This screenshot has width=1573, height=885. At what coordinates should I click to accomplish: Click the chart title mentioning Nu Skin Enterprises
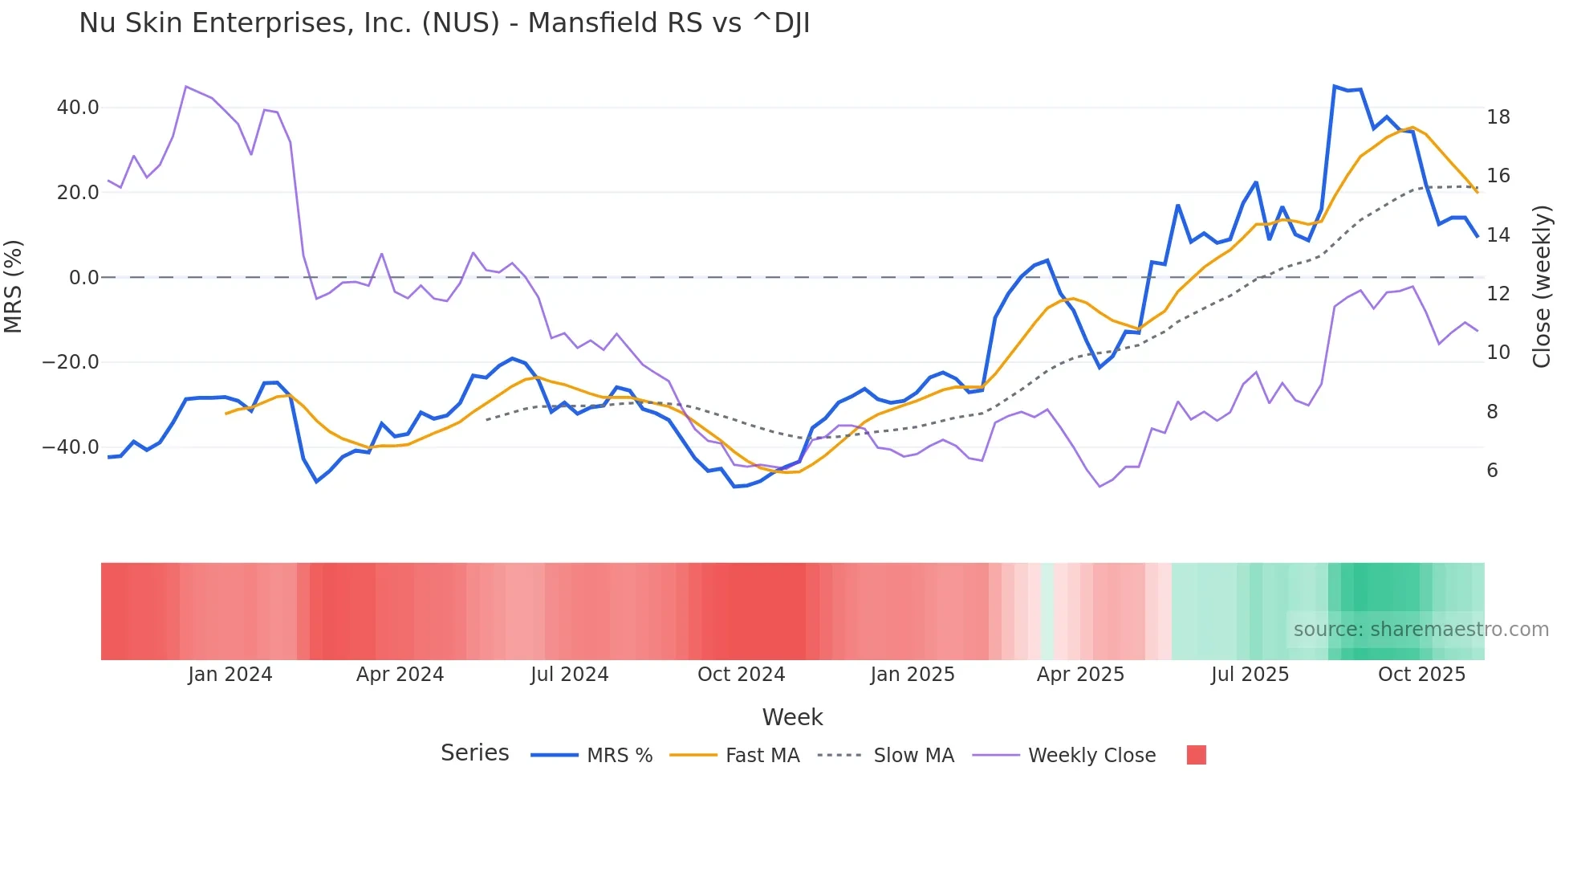coord(444,23)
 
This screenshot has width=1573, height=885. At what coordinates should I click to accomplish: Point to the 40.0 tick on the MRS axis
coord(78,108)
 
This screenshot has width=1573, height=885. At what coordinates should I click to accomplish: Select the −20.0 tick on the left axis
coord(71,362)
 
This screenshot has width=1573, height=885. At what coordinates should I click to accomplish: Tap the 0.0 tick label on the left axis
coord(83,278)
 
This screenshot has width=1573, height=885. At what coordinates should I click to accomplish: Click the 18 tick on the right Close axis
coord(1498,117)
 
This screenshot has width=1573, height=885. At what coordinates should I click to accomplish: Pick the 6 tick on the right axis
coord(1492,471)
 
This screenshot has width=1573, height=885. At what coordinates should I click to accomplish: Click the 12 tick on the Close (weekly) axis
coord(1498,294)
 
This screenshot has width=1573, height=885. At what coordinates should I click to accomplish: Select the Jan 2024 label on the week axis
coord(230,675)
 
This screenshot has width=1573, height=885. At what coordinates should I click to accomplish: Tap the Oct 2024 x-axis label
coord(741,675)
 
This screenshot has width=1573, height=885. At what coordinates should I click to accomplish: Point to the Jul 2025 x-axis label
coord(1250,675)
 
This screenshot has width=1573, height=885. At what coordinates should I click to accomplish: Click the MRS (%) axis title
coord(14,286)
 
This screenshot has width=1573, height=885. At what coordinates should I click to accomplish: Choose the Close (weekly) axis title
coord(1541,286)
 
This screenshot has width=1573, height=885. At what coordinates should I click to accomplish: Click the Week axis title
coord(792,717)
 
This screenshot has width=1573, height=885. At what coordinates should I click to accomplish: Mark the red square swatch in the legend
coord(1196,755)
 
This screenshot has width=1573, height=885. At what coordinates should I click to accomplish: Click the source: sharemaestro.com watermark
coord(1421,630)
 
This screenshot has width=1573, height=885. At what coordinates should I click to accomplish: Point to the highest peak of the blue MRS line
coord(1335,86)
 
